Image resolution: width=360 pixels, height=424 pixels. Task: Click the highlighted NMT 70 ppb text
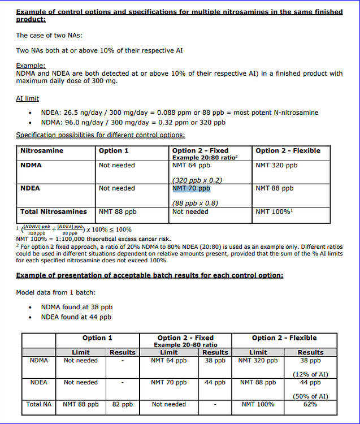pos(191,188)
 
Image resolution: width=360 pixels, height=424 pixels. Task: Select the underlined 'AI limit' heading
pos(27,98)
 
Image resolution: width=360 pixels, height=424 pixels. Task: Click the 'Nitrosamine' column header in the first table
pos(42,151)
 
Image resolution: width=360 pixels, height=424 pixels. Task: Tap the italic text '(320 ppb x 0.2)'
pos(197,180)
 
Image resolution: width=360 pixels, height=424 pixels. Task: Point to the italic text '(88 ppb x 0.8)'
pos(195,203)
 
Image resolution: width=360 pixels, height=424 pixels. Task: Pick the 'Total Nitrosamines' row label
pos(54,212)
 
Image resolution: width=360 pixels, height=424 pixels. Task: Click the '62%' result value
pos(310,404)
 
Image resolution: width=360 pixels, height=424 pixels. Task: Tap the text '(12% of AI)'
pos(310,374)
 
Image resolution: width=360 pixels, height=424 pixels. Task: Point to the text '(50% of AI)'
pos(310,396)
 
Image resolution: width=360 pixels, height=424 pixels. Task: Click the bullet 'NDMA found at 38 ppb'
pos(77,307)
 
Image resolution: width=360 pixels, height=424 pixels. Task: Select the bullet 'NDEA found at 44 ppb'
pos(76,317)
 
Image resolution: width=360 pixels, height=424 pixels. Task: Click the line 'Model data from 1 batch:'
pos(55,292)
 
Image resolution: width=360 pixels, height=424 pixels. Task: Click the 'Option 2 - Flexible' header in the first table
pos(288,151)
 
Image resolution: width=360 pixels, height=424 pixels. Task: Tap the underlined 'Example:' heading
pos(31,66)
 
